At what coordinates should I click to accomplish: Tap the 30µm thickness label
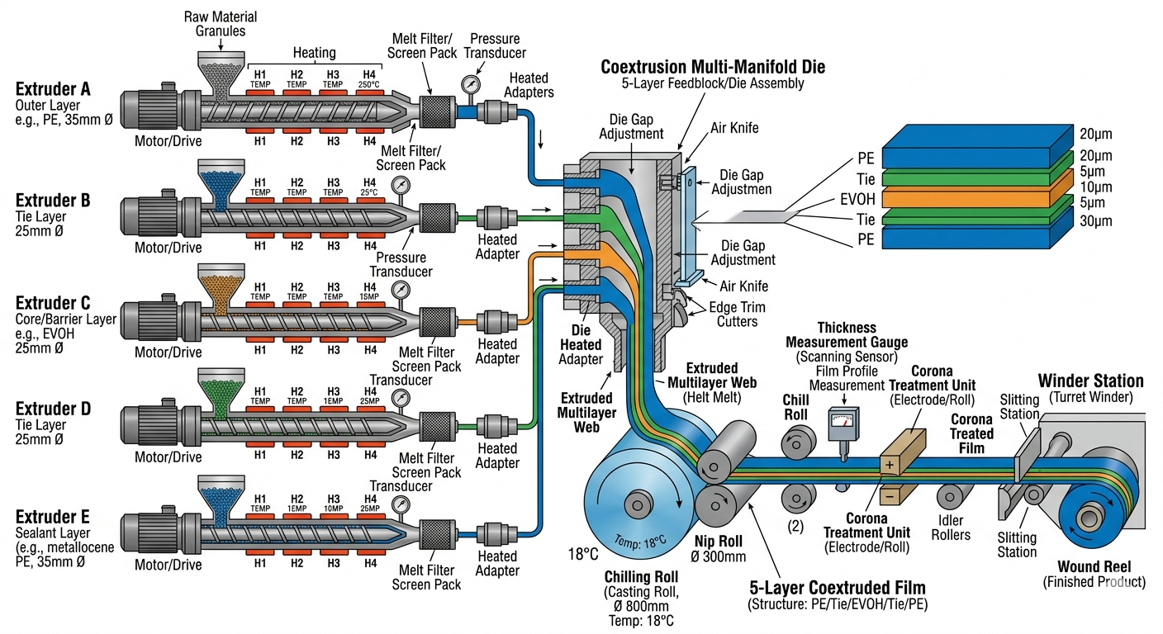point(1095,221)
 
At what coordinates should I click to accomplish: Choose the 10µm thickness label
point(1095,187)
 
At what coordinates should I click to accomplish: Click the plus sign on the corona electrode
point(890,465)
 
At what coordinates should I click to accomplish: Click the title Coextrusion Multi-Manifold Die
point(713,66)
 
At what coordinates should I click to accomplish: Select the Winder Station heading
point(1090,381)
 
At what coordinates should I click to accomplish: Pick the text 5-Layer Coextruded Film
point(838,588)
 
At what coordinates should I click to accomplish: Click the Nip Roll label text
point(721,542)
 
